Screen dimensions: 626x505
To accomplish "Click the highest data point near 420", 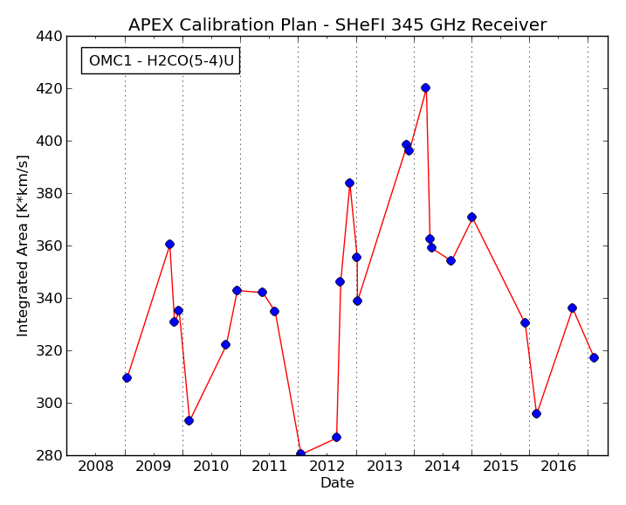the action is point(425,88).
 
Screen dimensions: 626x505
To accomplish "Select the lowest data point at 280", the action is point(300,453).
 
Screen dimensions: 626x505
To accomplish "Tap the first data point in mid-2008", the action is point(127,377).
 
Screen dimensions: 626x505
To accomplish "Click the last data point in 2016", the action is point(594,357).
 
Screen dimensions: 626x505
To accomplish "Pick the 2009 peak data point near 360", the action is point(169,244).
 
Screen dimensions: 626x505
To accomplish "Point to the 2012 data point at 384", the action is point(350,183).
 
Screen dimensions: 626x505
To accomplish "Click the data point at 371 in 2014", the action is point(471,217).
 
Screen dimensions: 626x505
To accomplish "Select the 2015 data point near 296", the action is point(537,413).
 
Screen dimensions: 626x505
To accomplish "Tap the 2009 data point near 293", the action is point(189,421).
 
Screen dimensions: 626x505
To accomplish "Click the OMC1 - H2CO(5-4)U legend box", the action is point(161,61).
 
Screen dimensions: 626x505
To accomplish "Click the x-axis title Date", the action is point(337,482).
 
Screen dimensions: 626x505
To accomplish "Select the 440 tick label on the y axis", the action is point(49,36).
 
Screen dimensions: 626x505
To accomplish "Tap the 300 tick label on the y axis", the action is point(49,403).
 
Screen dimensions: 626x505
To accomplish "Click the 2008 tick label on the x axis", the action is point(96,466).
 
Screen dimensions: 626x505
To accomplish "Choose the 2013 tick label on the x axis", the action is point(385,466).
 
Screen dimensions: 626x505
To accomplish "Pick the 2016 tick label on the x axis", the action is point(558,466).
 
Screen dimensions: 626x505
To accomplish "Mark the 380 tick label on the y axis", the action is point(49,193).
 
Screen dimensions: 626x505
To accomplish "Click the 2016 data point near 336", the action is point(572,308).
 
